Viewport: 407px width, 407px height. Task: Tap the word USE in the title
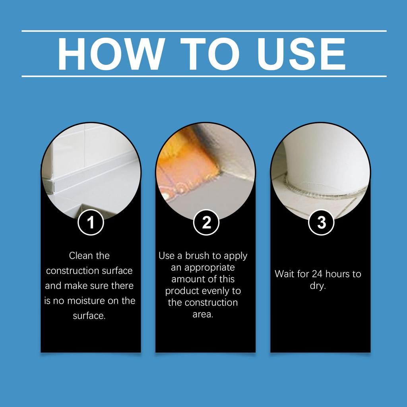[x=301, y=54]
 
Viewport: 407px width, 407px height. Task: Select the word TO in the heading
[x=209, y=54]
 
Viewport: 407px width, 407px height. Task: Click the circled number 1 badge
[x=91, y=223]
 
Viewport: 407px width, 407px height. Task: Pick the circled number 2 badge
[x=206, y=223]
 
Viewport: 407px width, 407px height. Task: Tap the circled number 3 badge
[x=321, y=223]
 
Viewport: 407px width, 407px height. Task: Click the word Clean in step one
[x=80, y=256]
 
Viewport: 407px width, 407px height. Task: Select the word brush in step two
[x=197, y=256]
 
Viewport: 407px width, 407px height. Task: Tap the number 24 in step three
[x=317, y=274]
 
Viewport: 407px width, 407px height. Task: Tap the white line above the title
[x=204, y=31]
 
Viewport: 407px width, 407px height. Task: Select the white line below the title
[x=204, y=76]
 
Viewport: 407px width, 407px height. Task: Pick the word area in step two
[x=203, y=315]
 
